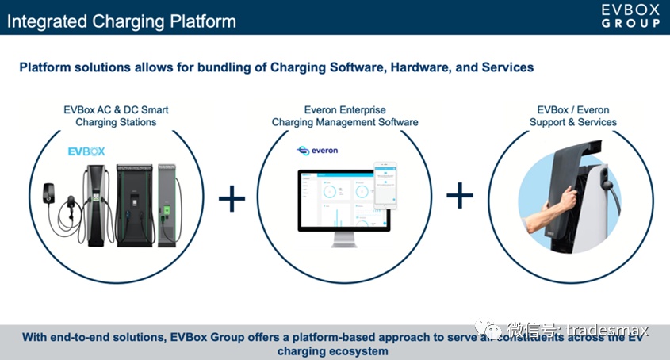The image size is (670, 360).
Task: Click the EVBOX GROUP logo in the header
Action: point(630,16)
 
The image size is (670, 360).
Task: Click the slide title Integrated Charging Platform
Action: point(121,21)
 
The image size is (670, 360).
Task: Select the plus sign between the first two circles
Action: point(232,197)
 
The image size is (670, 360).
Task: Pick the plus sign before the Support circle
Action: point(459,195)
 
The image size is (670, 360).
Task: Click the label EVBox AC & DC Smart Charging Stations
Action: point(116,116)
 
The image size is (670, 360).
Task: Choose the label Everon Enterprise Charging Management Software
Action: point(345,116)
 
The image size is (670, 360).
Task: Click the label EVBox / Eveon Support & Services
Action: point(572,116)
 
